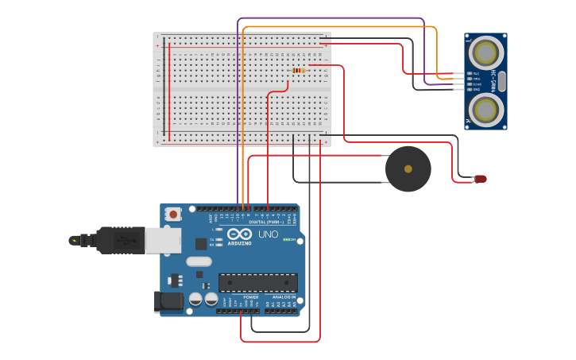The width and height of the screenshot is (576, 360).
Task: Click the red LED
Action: point(480,179)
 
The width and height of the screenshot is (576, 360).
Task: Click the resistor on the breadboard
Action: point(298,71)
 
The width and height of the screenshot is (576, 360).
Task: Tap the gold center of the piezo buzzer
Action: point(408,168)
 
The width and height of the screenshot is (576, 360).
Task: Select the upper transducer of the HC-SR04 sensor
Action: point(485,52)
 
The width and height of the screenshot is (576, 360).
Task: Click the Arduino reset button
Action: point(173,213)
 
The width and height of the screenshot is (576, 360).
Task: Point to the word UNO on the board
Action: point(268,234)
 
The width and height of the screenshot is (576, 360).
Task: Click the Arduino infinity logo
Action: point(239,234)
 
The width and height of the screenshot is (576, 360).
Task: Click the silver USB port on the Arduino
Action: point(163,241)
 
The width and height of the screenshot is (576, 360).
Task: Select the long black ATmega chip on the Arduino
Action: point(258,283)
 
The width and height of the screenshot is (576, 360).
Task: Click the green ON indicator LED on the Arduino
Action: point(287,239)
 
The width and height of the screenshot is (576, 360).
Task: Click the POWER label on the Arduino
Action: point(250,296)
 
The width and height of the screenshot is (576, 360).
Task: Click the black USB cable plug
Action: point(119,240)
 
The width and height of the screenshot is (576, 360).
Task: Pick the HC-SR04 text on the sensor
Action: point(493,81)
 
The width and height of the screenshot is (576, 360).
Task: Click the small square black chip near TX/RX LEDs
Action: point(201,244)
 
